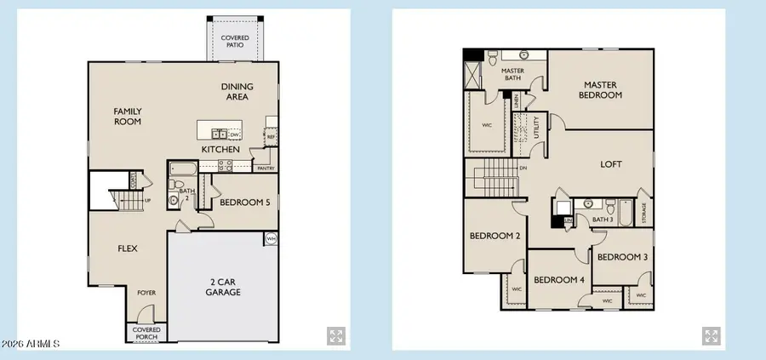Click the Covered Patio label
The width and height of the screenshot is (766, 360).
click(x=235, y=42)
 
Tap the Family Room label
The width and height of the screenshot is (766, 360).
click(x=128, y=116)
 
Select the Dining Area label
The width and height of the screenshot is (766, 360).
click(x=235, y=91)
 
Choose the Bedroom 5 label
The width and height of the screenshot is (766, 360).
click(x=244, y=203)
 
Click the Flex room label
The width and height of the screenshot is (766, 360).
click(x=129, y=249)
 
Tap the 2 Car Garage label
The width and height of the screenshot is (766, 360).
click(x=223, y=286)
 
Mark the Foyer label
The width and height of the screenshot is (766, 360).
click(x=146, y=293)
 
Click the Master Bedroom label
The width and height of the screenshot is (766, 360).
click(x=602, y=89)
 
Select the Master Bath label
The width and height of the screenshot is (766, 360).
click(x=512, y=75)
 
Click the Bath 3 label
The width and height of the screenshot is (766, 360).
click(x=603, y=220)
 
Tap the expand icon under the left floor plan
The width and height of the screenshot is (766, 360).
click(x=335, y=334)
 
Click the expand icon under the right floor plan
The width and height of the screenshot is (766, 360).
click(x=712, y=334)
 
